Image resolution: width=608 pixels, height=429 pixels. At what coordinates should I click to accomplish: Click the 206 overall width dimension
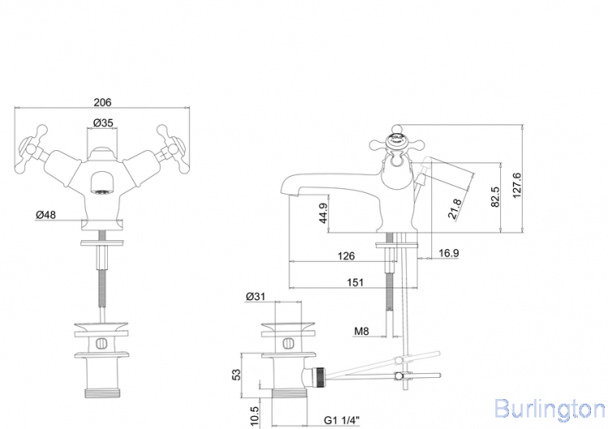(102, 102)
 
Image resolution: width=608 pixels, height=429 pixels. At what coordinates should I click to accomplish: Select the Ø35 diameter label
(102, 122)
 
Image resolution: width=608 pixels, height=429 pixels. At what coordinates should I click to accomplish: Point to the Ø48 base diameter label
(45, 215)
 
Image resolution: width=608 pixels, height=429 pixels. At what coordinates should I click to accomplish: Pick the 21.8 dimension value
(456, 209)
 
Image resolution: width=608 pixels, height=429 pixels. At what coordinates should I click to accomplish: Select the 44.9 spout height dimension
(323, 213)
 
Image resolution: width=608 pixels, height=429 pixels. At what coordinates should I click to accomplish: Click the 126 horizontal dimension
(346, 256)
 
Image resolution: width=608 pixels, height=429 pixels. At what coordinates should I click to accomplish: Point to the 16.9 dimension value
(449, 254)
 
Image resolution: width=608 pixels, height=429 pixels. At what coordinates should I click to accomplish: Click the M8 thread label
(362, 330)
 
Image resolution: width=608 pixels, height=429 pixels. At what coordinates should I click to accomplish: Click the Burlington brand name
(549, 406)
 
